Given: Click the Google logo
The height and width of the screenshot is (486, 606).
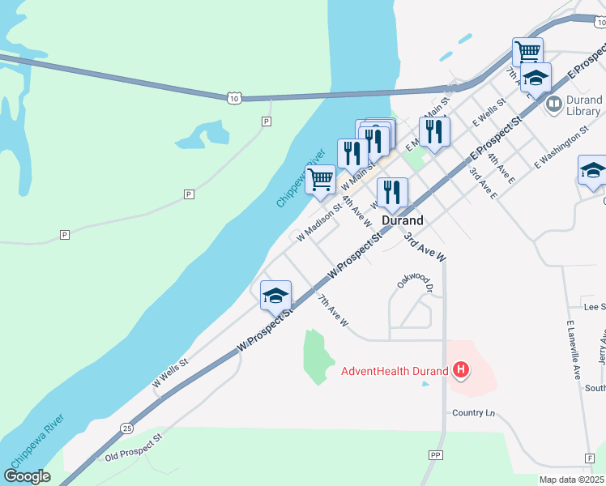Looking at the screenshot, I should (28, 476).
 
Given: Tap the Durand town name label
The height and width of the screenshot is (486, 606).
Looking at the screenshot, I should (402, 220).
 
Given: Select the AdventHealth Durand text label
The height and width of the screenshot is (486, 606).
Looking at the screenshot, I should (394, 372).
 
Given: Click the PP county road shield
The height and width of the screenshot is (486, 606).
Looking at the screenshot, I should (437, 455).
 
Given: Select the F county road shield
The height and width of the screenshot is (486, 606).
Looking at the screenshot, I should (589, 458).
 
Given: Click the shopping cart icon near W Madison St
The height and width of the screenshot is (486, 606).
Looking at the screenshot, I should (320, 178).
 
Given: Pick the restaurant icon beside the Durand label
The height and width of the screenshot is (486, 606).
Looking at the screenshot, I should (392, 193).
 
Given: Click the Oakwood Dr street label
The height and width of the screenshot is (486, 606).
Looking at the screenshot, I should (416, 281).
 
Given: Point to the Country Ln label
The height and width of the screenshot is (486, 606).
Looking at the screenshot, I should (473, 413).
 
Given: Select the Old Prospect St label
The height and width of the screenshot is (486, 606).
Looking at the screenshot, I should (134, 446).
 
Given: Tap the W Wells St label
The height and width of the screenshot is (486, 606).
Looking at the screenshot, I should (170, 373).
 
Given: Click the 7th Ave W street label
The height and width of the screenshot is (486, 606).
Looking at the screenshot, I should (332, 311).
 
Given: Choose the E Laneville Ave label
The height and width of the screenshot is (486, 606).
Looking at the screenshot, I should (574, 350).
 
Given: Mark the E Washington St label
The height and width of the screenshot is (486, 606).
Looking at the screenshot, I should (561, 151).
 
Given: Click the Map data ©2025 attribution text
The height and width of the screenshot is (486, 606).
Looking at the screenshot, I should (572, 480).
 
